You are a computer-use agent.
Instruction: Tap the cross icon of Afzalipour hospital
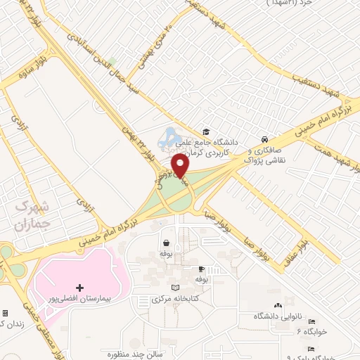tap(79, 288)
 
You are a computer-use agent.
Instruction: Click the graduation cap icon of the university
tap(206, 131)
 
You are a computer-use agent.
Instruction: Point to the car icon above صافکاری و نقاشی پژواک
tap(264, 139)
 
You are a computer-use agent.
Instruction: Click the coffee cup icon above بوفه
tap(201, 269)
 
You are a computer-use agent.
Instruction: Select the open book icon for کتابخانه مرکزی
tap(175, 288)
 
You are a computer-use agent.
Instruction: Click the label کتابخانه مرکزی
tap(176, 300)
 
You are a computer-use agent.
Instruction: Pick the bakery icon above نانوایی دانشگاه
tap(278, 306)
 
